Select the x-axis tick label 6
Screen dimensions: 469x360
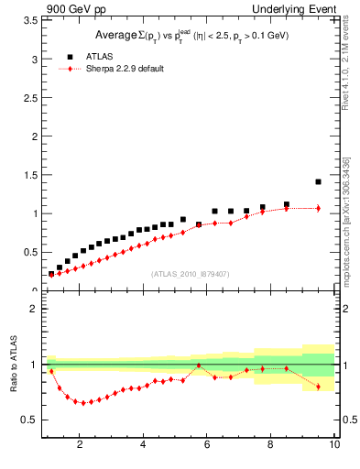click(x=207, y=445)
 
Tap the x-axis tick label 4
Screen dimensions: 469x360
click(x=144, y=445)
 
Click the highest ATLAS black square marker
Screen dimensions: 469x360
click(x=318, y=181)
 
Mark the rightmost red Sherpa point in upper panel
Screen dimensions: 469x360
click(x=318, y=208)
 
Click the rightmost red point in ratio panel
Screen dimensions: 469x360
click(x=318, y=387)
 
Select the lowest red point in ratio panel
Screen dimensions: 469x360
click(x=83, y=403)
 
